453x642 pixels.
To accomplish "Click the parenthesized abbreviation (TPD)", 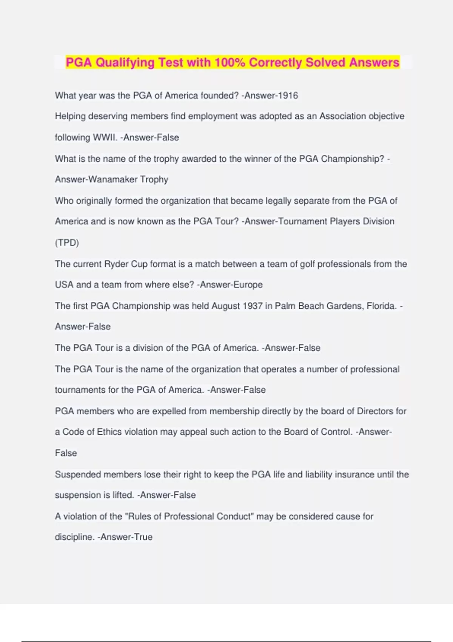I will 67,242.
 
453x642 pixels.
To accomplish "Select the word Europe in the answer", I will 248,285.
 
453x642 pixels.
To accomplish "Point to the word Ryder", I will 116,264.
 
